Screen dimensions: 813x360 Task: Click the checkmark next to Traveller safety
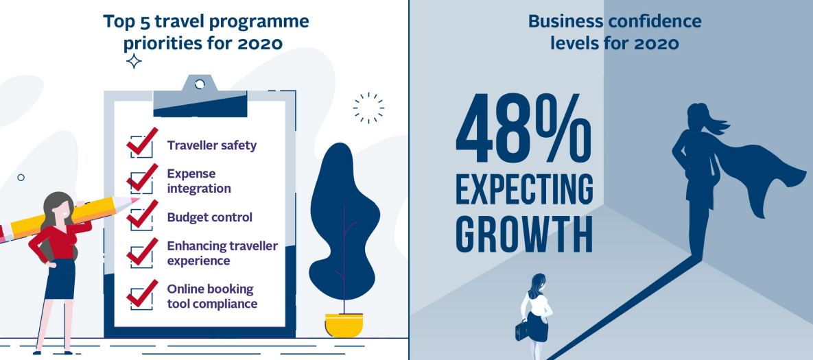141,142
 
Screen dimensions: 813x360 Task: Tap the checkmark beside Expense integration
141,178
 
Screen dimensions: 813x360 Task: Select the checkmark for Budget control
141,215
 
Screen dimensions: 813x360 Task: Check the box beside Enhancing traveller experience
141,252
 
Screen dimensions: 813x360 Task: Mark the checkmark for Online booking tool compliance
141,294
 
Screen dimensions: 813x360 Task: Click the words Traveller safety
211,145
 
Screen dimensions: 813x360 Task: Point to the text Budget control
209,217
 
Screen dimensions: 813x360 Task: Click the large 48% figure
523,128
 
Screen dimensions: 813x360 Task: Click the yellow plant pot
344,325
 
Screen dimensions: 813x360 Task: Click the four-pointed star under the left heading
134,61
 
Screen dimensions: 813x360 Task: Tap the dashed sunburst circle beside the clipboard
368,108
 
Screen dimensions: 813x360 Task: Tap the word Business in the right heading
566,22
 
